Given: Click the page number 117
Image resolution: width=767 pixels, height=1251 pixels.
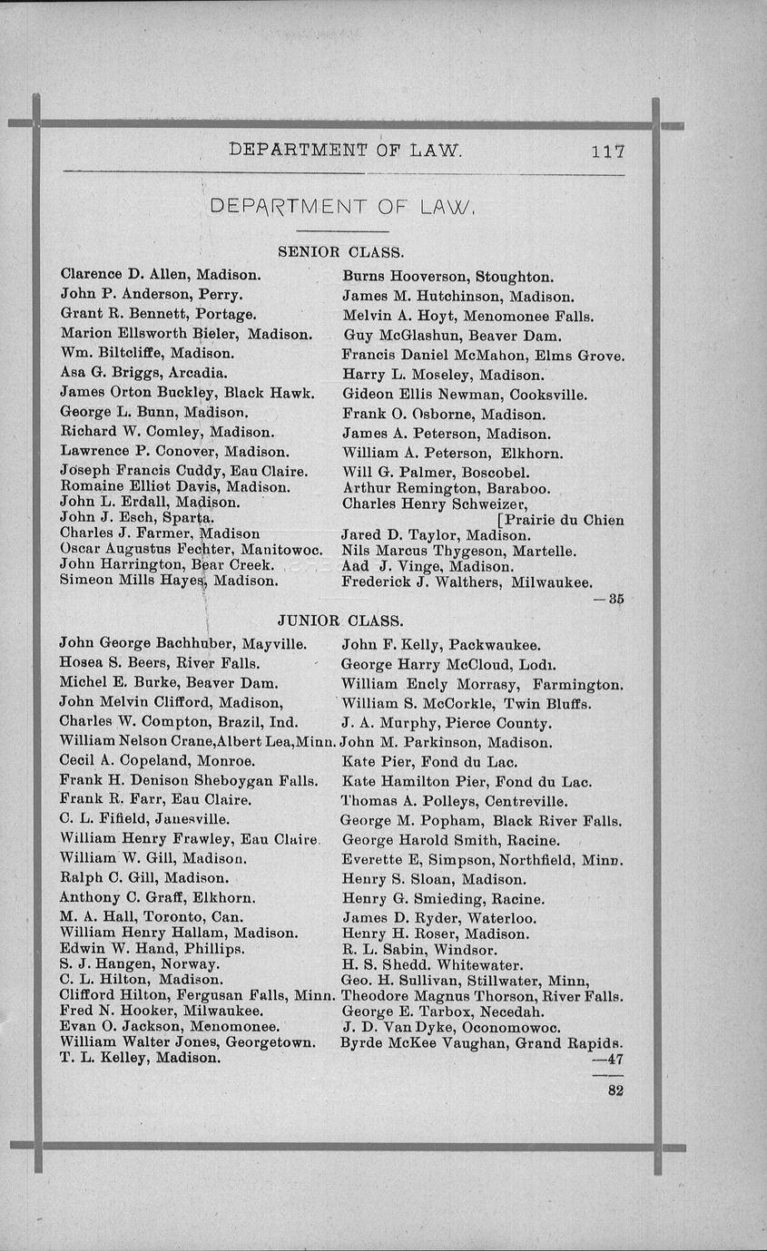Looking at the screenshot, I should click(607, 151).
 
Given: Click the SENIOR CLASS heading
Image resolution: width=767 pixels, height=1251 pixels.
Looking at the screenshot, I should click(340, 251).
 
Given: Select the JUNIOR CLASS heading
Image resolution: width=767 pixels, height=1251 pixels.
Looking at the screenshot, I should click(340, 621).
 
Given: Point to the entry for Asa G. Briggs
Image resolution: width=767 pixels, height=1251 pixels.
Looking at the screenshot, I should click(143, 372).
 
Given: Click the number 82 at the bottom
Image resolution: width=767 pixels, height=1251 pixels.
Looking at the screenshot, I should click(615, 1090).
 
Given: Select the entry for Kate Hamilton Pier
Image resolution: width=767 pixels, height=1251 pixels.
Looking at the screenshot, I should click(467, 781).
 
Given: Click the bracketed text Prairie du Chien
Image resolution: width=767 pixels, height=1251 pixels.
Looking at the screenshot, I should click(561, 520).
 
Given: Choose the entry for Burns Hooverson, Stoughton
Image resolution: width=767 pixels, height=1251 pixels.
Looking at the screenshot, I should click(447, 277).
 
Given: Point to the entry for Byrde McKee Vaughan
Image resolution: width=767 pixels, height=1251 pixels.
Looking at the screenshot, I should click(481, 1043).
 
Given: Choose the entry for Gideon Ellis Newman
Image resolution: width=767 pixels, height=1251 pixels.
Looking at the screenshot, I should click(464, 395).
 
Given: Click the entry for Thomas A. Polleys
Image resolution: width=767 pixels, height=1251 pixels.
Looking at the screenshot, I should click(455, 801).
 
